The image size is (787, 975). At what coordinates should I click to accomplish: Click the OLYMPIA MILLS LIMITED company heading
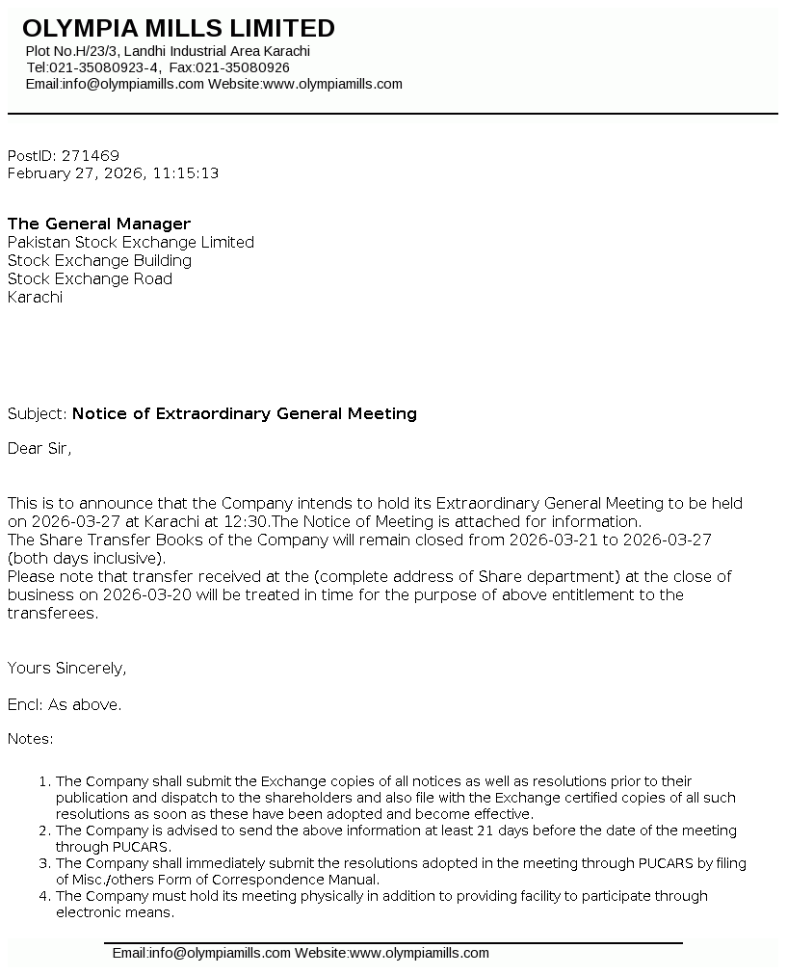178,28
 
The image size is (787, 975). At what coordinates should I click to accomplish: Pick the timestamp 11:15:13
185,173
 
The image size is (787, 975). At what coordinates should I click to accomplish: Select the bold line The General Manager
99,224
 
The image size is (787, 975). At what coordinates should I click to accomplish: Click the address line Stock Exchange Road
90,278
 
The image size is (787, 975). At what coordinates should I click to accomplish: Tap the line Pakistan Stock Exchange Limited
130,242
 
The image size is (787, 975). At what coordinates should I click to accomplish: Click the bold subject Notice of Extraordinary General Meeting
245,413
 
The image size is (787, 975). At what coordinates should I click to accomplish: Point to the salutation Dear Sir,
39,448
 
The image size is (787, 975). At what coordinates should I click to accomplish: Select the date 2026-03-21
552,540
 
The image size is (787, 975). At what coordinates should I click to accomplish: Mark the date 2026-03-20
147,594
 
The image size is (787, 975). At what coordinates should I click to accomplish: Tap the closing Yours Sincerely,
66,668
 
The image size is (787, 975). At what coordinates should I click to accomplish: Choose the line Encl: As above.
65,704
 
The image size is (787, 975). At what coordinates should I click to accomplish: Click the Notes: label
30,739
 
